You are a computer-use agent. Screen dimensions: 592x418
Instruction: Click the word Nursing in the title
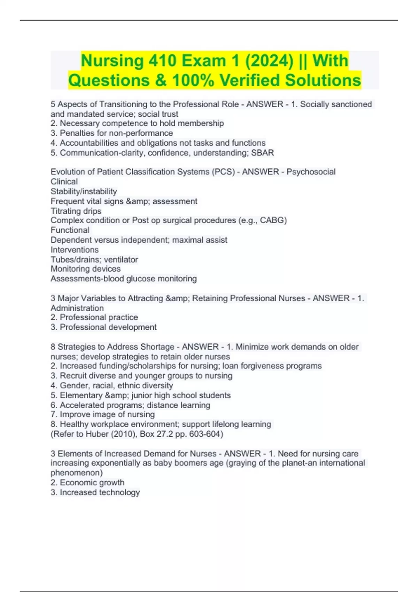click(x=112, y=61)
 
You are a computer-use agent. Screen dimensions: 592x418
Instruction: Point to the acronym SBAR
click(x=263, y=153)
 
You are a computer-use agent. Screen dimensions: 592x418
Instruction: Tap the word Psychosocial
click(x=311, y=172)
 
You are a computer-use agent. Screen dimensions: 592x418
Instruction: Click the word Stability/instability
click(x=84, y=192)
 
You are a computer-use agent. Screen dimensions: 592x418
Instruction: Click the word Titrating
click(x=65, y=211)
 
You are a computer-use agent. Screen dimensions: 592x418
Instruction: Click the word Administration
click(x=77, y=308)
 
